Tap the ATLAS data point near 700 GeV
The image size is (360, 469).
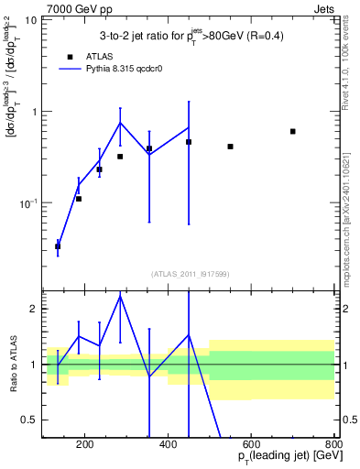pyautogui.click(x=293, y=131)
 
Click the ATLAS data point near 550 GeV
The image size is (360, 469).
pyautogui.click(x=230, y=147)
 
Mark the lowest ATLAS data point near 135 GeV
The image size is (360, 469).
pyautogui.click(x=58, y=246)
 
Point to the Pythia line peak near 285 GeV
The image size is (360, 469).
pyautogui.click(x=120, y=122)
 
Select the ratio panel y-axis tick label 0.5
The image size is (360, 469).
pyautogui.click(x=31, y=420)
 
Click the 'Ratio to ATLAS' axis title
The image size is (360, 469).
pyautogui.click(x=13, y=365)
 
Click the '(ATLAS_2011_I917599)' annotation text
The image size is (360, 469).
pyautogui.click(x=190, y=274)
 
